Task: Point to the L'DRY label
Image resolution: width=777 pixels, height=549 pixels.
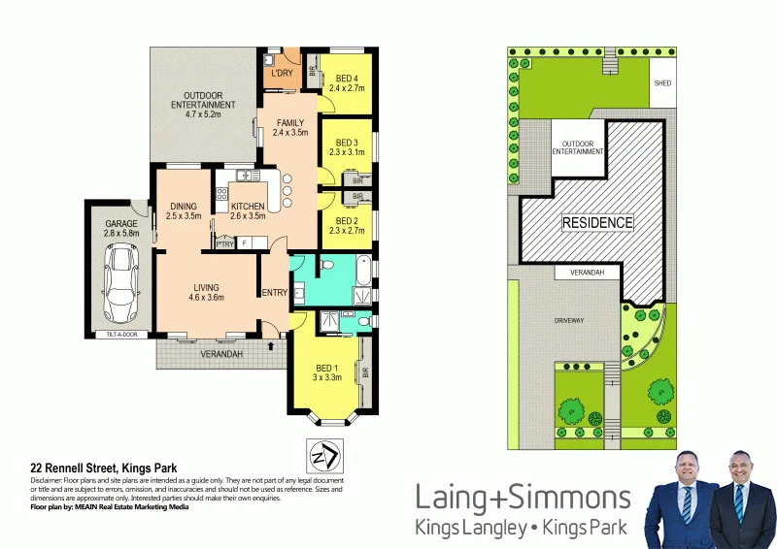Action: coord(282,74)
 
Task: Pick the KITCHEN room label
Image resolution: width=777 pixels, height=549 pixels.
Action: coord(248,207)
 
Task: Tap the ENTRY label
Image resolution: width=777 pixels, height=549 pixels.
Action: coord(273,293)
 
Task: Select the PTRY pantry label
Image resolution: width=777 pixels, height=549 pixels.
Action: coord(223,242)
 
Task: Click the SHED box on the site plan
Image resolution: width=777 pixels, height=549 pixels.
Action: coord(661,83)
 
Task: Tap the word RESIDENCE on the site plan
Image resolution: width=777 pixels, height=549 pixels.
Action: coord(598,222)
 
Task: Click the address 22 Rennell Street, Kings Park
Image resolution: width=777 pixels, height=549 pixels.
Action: coord(103,468)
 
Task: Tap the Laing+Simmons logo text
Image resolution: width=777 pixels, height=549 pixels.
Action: coord(523,499)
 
